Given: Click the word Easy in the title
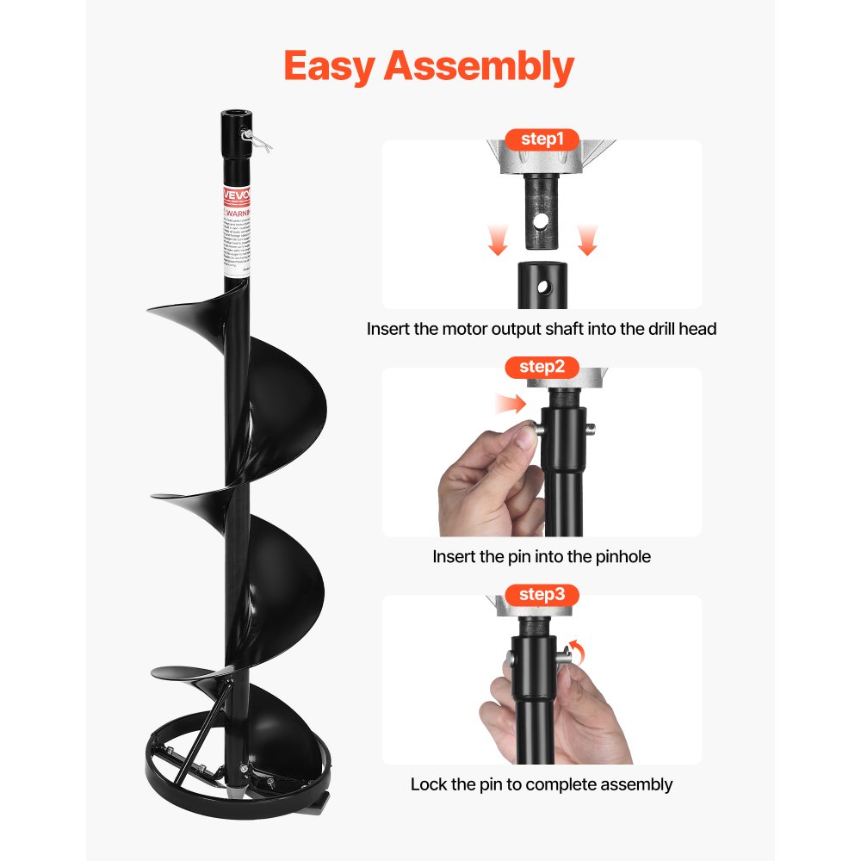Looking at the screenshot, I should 328,66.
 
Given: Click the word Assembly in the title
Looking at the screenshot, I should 479,66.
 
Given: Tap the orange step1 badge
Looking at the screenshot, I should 542,139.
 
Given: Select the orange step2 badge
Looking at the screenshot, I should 542,367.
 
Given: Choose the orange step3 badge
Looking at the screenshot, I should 542,594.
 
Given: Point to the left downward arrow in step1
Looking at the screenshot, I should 497,241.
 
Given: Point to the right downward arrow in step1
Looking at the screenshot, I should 587,241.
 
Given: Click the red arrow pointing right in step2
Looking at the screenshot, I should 511,403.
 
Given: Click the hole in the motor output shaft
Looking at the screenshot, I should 540,221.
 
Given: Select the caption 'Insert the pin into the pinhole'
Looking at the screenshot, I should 542,557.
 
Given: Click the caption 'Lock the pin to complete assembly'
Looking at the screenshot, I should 542,784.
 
